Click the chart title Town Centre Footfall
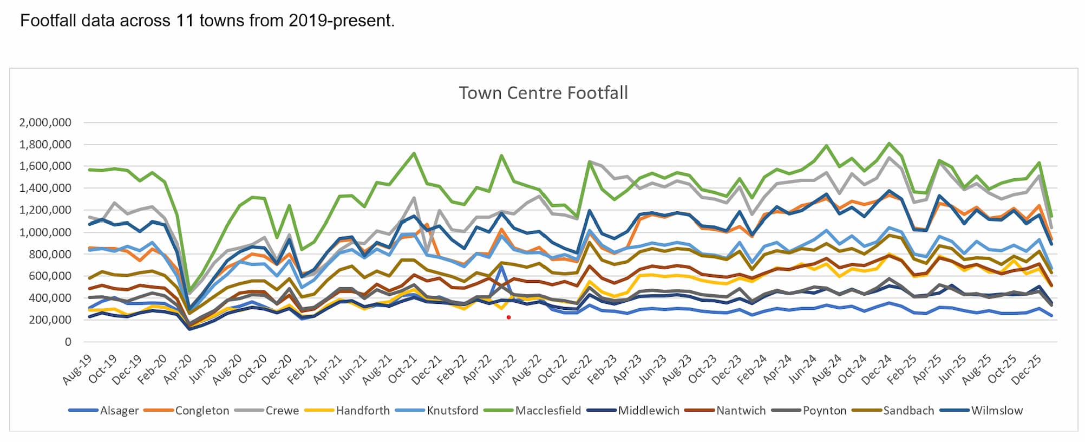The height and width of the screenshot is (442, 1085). pos(543,93)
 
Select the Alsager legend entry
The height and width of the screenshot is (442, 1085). pos(119,411)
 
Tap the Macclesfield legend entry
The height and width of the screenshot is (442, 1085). pos(547,411)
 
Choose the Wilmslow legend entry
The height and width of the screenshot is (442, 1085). pos(997,411)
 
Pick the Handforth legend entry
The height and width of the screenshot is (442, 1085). pos(363,411)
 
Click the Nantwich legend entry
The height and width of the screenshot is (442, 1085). pos(741,411)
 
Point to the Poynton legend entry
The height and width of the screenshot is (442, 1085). pos(824,411)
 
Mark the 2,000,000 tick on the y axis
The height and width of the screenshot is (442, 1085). pos(45,122)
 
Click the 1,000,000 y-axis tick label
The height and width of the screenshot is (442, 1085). pos(45,232)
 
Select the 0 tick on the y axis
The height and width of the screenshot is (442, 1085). pos(68,342)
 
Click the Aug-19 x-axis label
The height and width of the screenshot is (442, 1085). pos(77,369)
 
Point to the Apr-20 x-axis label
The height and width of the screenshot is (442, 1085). pos(178,369)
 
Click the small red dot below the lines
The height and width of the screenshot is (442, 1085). pos(508,317)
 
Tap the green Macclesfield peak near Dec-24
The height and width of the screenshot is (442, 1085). pos(889,144)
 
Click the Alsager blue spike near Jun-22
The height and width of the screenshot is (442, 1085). pos(502,266)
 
